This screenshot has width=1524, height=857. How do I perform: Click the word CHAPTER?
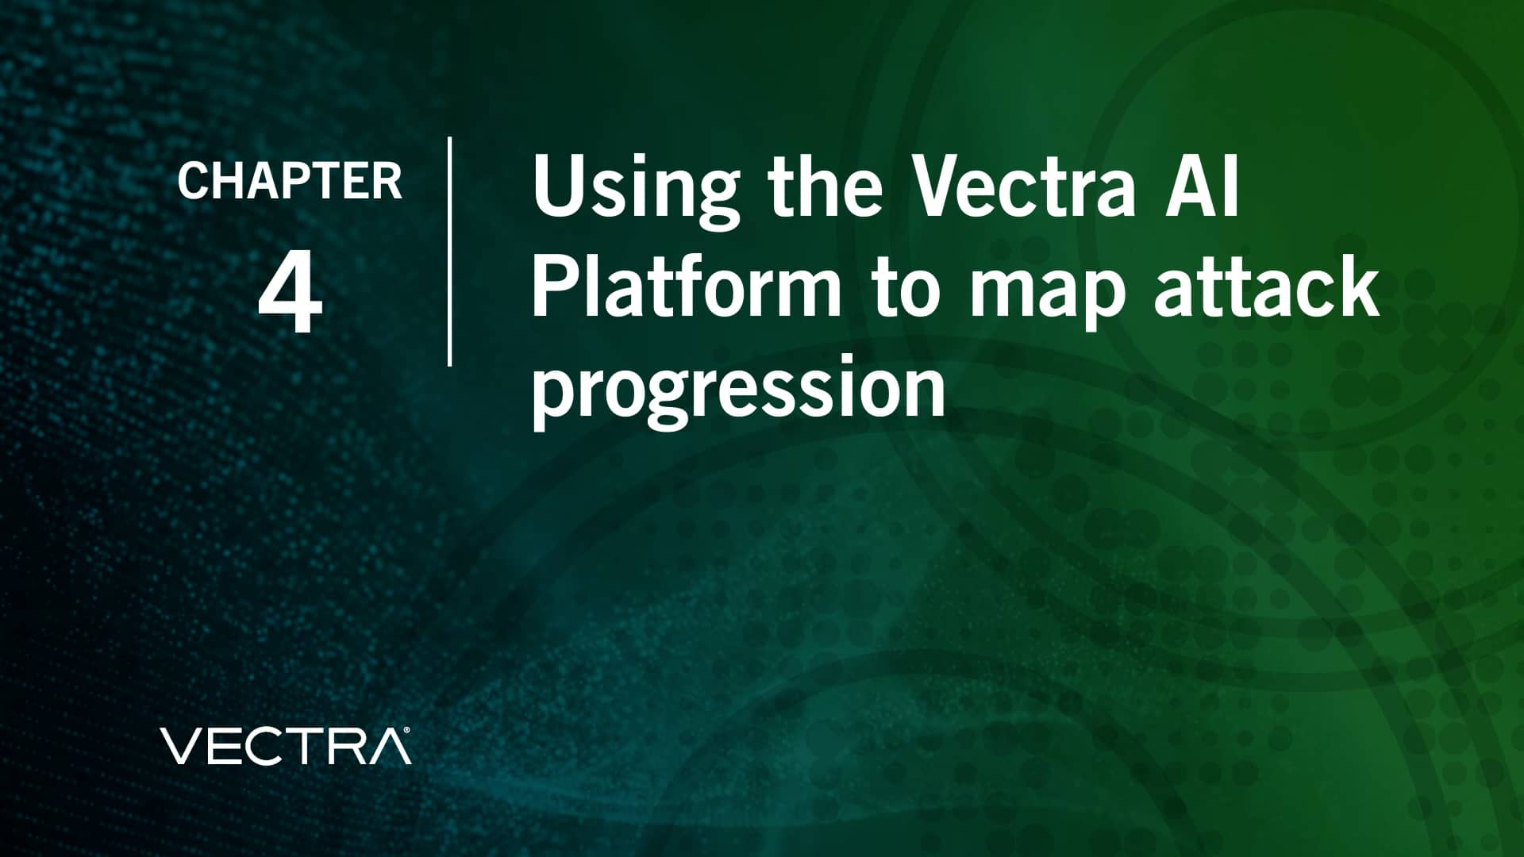coord(290,181)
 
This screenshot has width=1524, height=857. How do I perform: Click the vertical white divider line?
coord(450,251)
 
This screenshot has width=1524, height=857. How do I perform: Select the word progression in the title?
coord(738,393)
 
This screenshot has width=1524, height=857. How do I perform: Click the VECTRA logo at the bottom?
coord(286,745)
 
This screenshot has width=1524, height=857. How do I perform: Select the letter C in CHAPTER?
coord(193,181)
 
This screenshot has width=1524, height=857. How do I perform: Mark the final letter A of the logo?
coord(391,746)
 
